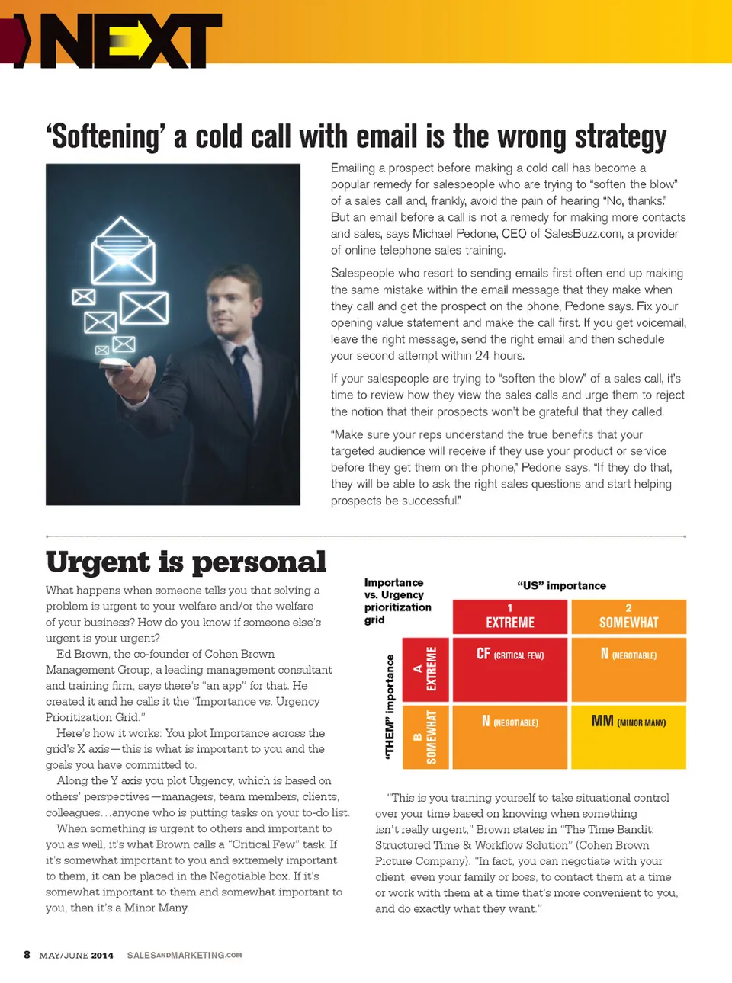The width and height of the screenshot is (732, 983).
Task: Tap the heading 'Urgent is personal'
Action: point(186,562)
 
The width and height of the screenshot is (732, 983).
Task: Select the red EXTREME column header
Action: point(510,616)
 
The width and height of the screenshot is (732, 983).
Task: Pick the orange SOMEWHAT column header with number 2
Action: point(628,616)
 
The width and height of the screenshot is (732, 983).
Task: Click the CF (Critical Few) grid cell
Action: point(510,668)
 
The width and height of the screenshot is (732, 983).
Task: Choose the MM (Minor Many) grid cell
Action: point(628,736)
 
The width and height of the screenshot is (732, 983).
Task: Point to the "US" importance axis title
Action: point(561,585)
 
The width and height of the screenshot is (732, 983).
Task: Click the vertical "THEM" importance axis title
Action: point(390,706)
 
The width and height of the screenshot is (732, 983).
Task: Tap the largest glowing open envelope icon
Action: point(123,251)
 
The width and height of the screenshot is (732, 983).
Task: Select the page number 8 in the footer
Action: point(27,955)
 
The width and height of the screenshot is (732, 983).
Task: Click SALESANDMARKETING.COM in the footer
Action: point(185,955)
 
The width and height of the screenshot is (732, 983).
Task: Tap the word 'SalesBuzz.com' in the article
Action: point(583,234)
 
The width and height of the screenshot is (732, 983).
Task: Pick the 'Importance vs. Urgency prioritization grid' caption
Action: point(397,601)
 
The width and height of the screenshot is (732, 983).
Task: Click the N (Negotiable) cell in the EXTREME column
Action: point(510,736)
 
